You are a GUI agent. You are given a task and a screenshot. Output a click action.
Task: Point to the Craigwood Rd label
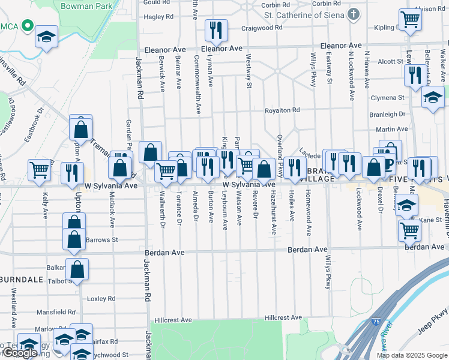pyautogui.click(x=261, y=28)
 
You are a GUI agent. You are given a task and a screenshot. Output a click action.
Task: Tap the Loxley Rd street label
pyautogui.click(x=101, y=298)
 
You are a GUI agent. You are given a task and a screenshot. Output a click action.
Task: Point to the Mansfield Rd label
pyautogui.click(x=55, y=312)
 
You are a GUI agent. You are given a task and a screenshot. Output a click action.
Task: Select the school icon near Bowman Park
pyautogui.click(x=46, y=36)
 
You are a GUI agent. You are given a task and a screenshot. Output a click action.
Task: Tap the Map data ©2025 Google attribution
pyautogui.click(x=411, y=355)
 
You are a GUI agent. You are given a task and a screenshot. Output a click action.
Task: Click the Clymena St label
pyautogui.click(x=387, y=98)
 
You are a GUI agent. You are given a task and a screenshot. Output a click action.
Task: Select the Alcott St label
pyautogui.click(x=390, y=62)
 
